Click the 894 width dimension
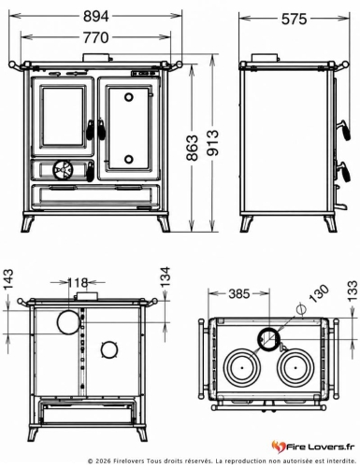(96, 17)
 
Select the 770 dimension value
(96, 37)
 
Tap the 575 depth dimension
(294, 20)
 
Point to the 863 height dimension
(193, 148)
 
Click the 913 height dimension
(213, 143)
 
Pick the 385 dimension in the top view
(239, 293)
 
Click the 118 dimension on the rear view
(78, 283)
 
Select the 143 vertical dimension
(8, 279)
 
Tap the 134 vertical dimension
(166, 277)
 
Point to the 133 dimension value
(353, 291)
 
